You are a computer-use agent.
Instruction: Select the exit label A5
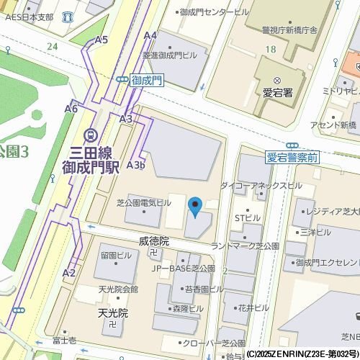tap(101, 40)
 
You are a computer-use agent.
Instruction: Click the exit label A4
tap(150, 35)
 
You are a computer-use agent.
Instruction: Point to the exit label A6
tap(71, 108)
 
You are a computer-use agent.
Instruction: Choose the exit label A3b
tap(136, 164)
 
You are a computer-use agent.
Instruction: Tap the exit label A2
tap(69, 272)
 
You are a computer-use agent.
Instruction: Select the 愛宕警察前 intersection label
tap(292, 156)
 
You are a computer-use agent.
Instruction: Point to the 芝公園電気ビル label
tap(144, 203)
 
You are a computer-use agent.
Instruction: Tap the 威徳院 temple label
tap(154, 242)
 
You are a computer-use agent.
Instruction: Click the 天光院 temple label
tap(112, 313)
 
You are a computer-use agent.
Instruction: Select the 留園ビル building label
tap(115, 255)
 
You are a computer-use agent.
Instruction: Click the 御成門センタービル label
tap(214, 12)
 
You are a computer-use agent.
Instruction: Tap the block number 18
tap(270, 48)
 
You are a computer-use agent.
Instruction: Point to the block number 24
tap(51, 46)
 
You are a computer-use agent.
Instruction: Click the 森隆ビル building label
tap(188, 308)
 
